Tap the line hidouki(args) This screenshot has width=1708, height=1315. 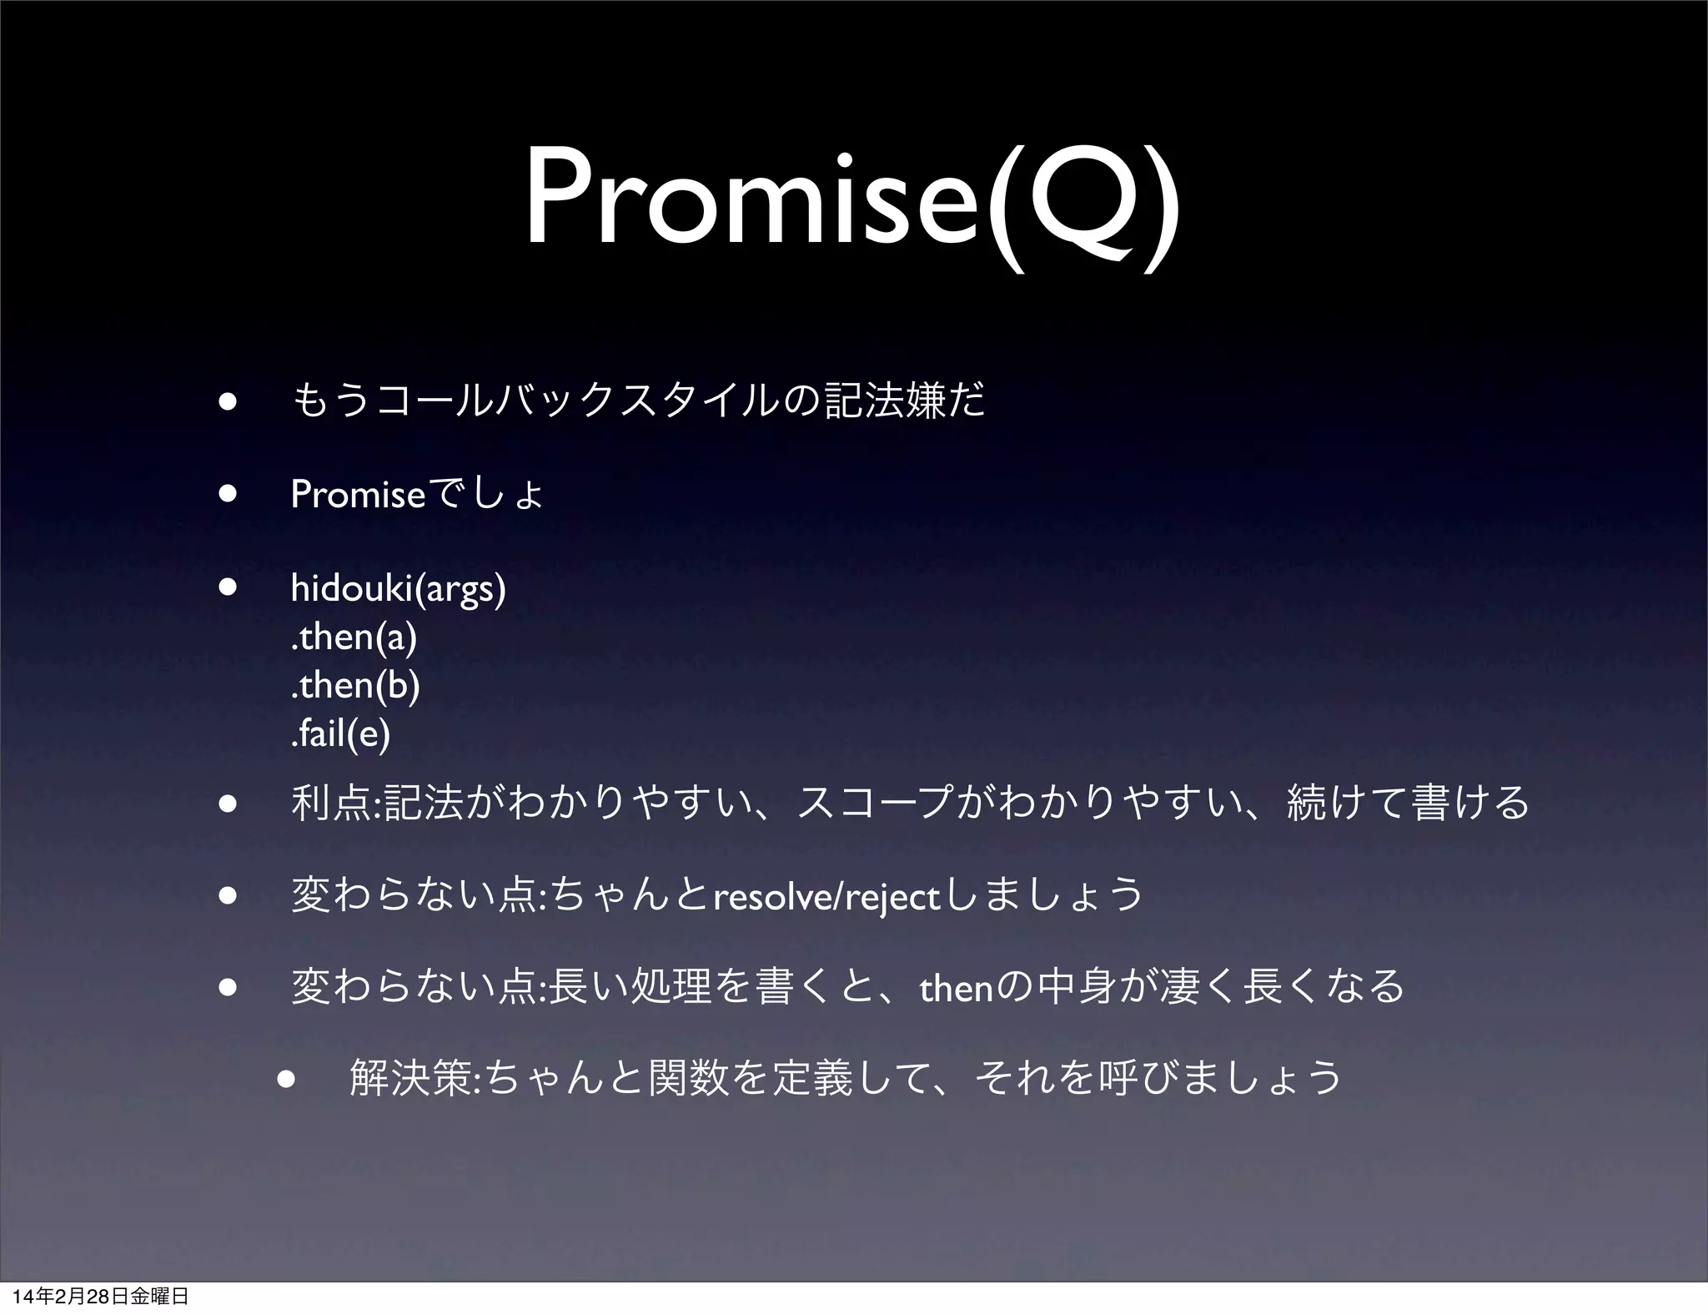[398, 589]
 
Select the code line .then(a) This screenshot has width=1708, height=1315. [354, 637]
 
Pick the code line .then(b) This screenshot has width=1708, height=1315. [355, 686]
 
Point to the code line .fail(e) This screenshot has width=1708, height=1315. [340, 734]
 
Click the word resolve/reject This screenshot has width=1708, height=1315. [826, 898]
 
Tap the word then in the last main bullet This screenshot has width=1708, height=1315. [956, 990]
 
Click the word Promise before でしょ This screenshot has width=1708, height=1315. [359, 496]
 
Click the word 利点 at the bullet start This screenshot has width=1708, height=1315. [333, 804]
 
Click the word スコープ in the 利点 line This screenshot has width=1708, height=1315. [875, 804]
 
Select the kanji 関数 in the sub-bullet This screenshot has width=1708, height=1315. [684, 1078]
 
